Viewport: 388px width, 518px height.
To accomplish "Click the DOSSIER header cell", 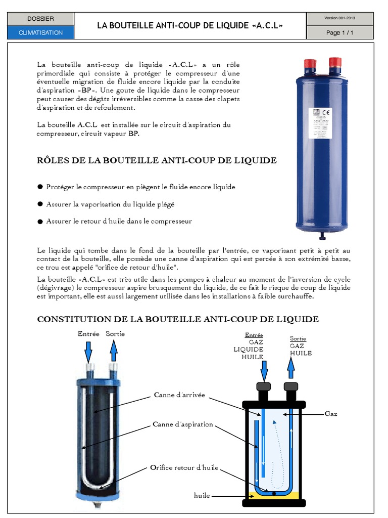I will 40,19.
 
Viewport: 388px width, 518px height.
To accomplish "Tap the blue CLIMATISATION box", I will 40,32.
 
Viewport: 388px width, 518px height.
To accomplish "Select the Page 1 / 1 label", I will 340,32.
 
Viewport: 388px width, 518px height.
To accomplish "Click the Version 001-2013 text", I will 340,18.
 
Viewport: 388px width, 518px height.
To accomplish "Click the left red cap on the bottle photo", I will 310,64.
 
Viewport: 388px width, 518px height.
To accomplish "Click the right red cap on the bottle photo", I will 335,63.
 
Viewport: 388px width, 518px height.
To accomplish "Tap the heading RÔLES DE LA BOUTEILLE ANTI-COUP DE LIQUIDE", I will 157,160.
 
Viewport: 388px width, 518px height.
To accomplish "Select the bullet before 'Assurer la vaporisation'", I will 40,204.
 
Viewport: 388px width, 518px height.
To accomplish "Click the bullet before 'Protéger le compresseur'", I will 40,187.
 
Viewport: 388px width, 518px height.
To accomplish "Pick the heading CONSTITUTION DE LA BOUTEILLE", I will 178,319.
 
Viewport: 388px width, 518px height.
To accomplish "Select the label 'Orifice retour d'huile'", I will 184,468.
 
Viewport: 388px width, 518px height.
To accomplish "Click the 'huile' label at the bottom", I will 202,495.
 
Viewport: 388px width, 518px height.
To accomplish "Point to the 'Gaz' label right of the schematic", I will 331,414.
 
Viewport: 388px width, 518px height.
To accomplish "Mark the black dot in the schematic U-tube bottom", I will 274,493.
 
